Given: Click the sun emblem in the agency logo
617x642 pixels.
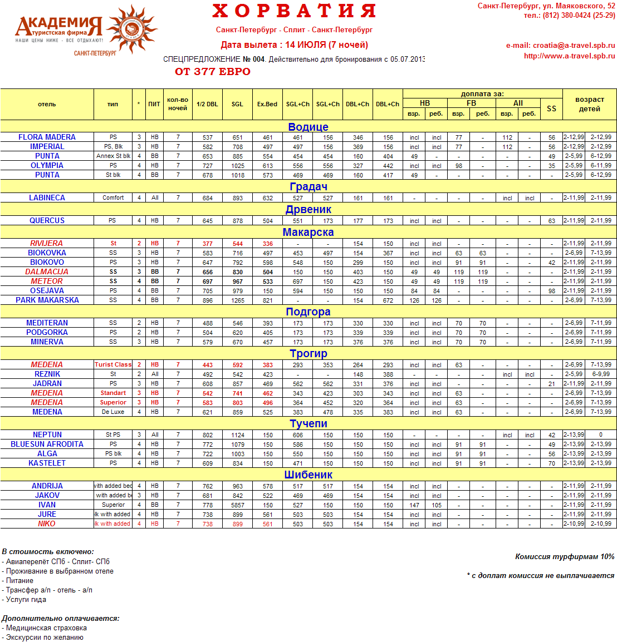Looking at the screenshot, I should [131, 29].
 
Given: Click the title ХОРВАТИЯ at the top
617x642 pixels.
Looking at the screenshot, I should [294, 11].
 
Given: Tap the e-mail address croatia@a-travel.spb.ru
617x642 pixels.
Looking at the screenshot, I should [574, 46].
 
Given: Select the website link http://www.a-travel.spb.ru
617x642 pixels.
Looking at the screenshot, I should [569, 56].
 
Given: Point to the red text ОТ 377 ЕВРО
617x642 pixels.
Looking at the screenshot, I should [213, 72].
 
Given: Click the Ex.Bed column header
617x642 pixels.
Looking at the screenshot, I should [267, 104].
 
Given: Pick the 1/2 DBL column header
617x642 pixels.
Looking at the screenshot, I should [207, 104].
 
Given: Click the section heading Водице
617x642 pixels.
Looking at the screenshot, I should [308, 127].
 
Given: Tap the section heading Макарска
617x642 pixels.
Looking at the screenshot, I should [308, 232].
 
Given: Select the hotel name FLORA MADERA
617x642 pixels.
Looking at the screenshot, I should [47, 137].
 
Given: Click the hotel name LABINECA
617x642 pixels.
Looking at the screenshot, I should [47, 197].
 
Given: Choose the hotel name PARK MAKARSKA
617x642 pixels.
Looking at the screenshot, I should [47, 300].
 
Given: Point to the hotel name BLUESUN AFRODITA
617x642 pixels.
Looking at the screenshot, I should [47, 444].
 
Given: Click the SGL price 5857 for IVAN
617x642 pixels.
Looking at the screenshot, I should [238, 505].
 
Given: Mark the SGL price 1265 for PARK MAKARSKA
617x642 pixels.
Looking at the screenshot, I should [238, 300].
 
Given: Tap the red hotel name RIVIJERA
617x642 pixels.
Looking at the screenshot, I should [47, 243].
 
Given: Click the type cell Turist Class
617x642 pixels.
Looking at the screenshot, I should [113, 364].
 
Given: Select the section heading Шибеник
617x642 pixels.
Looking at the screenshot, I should [308, 475].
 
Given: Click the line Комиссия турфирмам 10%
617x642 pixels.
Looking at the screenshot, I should [565, 556].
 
